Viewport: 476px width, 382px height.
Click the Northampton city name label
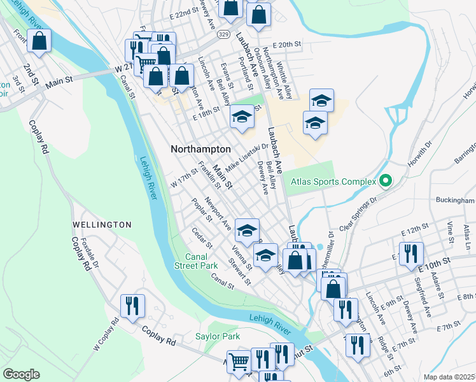tap(200, 148)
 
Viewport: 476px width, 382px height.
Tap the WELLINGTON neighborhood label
tap(102, 225)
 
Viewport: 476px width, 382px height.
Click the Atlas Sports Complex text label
tap(333, 181)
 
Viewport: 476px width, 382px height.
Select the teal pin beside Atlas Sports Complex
tap(384, 182)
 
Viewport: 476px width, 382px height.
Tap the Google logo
tap(21, 374)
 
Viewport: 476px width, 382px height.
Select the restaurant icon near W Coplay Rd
tap(132, 306)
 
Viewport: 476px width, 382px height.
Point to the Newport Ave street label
tap(218, 216)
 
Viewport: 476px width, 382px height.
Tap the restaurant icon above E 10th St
tap(410, 253)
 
